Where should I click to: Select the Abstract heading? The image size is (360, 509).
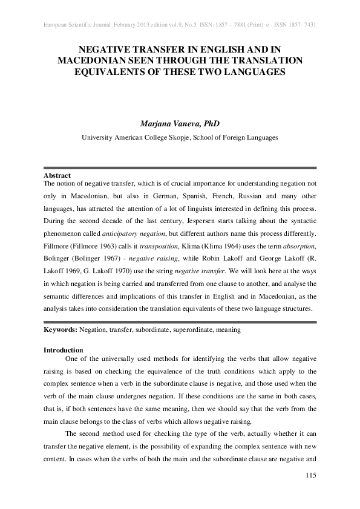coord(58,175)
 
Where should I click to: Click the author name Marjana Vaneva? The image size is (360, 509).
coord(180,124)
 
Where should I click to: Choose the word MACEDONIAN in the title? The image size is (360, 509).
coord(93,60)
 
